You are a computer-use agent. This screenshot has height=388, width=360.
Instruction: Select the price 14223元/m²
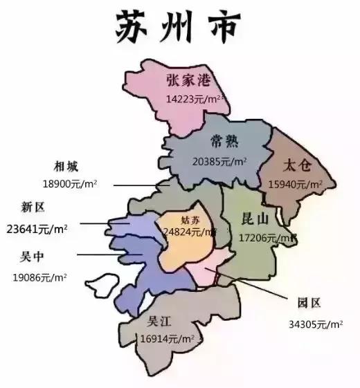click(x=195, y=99)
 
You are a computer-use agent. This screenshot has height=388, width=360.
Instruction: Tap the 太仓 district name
click(x=300, y=166)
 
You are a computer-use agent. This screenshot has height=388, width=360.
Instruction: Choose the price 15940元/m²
click(x=296, y=185)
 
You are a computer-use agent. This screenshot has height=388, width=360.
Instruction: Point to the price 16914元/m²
click(x=167, y=339)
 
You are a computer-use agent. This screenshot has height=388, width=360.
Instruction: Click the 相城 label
click(x=66, y=166)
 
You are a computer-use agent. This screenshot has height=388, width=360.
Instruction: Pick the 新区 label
click(x=33, y=207)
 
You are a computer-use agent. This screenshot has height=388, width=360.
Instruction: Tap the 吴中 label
click(x=33, y=256)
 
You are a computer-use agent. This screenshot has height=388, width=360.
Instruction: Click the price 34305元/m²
click(x=316, y=323)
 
